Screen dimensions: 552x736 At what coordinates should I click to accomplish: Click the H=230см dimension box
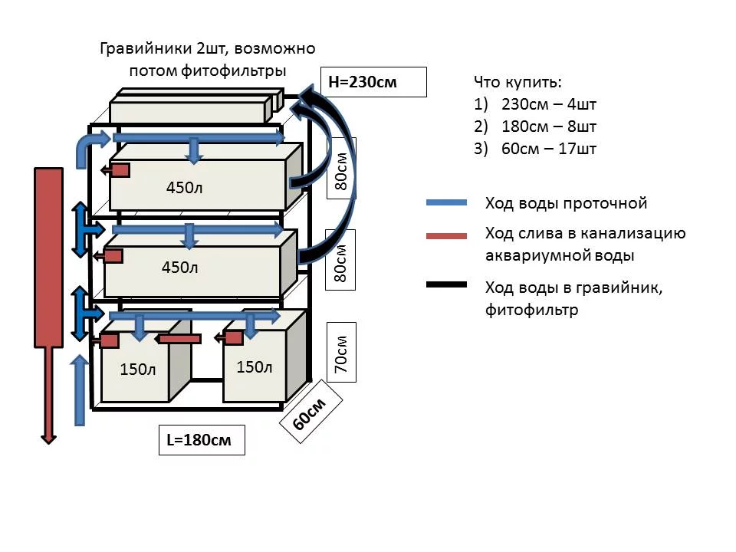[x=373, y=81]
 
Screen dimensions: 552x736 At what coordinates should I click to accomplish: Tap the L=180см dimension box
[x=202, y=440]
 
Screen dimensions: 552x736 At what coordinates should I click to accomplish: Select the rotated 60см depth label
[x=310, y=419]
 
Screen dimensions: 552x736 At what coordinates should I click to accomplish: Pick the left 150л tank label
[x=138, y=370]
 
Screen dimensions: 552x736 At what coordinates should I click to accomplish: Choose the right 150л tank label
[x=255, y=367]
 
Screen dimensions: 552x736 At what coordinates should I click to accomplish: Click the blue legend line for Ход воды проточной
[x=446, y=203]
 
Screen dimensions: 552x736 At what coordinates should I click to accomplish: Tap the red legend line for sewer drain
[x=446, y=235]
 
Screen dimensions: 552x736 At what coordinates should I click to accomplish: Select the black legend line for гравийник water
[x=446, y=285]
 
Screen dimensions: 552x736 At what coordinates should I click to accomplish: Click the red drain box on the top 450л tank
[x=120, y=170]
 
